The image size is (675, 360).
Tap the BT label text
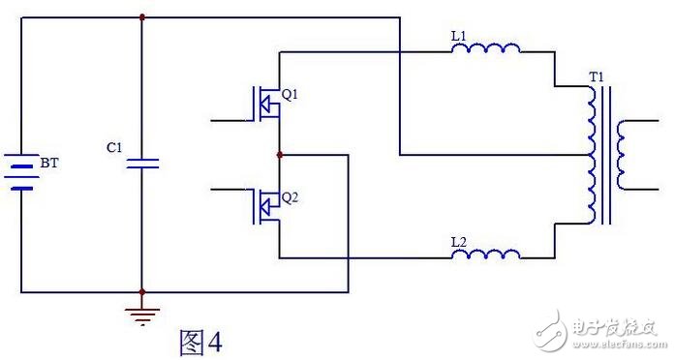pos(47,165)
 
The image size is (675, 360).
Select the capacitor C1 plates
pos(141,162)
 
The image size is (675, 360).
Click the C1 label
pos(114,149)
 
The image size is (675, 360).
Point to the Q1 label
pos(291,95)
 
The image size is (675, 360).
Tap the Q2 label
pos(291,197)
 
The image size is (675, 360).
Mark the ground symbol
pos(141,311)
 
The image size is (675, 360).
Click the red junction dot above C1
pos(141,16)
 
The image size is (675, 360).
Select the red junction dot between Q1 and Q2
pos(279,154)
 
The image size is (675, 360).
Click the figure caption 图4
pos(201,342)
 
